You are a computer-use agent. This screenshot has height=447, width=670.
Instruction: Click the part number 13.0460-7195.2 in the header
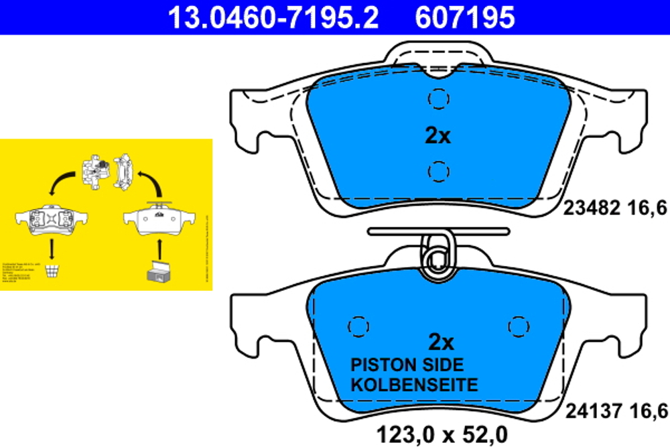coord(273,17)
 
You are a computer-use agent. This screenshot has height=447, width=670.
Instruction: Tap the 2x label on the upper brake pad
coord(438,136)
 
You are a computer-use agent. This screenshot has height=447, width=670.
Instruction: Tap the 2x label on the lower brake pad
coord(440,342)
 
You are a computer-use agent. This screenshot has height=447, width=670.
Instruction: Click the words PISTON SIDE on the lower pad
coord(407,365)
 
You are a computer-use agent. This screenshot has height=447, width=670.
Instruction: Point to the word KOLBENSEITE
coord(415,385)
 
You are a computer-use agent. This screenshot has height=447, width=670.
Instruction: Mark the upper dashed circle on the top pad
coord(438,99)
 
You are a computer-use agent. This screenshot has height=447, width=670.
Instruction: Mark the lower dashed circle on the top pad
coord(438,172)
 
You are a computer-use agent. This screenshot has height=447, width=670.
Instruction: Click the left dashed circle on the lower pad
coord(358,326)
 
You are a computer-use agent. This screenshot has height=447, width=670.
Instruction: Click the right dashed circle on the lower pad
coord(519,326)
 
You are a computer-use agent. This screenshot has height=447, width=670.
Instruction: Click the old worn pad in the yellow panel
coord(52,219)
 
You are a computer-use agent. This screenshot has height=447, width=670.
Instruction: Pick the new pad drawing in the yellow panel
coord(159,219)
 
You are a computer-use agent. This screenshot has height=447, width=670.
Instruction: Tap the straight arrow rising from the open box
coord(159,246)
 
